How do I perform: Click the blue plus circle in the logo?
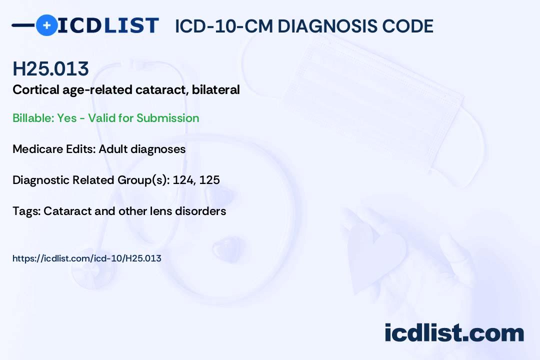[x=47, y=25]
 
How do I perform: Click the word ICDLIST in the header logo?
[x=108, y=25]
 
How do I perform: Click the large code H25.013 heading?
[x=50, y=68]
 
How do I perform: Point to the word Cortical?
[x=36, y=89]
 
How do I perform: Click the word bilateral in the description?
[x=215, y=89]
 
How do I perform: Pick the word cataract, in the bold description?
[x=161, y=90]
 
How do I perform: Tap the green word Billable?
[x=33, y=118]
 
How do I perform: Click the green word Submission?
[x=167, y=118]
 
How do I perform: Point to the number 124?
[x=183, y=180]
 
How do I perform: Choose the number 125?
[x=209, y=180]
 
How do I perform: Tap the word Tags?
[x=26, y=211]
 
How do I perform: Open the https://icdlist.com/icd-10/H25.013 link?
[x=87, y=258]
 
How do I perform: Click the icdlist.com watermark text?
[x=454, y=333]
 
